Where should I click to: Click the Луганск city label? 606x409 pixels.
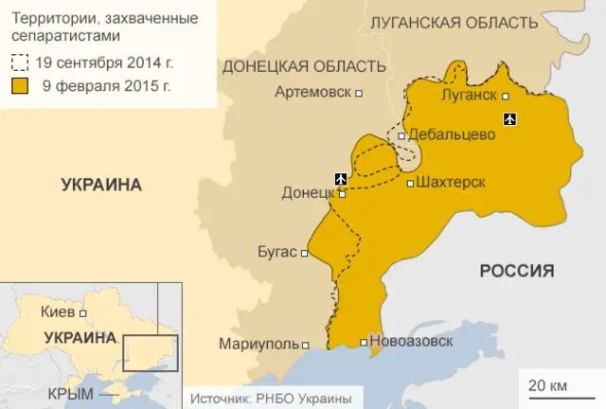[469, 96]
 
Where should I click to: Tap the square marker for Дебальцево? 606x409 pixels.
[402, 135]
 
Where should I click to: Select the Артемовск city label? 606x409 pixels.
[312, 93]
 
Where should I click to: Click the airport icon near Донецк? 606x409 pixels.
[341, 177]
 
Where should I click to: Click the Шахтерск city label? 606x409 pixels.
[452, 183]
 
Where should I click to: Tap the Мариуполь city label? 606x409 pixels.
[258, 344]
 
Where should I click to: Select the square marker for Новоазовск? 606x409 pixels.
[365, 343]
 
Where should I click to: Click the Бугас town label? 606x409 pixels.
[277, 253]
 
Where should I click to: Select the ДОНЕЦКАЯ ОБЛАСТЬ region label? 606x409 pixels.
[304, 66]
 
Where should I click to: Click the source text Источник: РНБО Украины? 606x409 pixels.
[271, 399]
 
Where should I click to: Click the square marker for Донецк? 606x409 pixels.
[343, 194]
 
